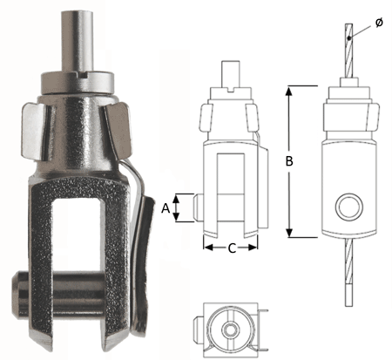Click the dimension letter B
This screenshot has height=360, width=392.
click(278, 161)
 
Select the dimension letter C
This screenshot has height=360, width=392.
click(231, 248)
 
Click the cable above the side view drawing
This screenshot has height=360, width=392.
click(348, 52)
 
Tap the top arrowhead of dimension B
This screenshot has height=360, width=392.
click(291, 89)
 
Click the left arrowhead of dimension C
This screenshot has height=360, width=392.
click(207, 248)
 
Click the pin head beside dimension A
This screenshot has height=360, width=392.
click(198, 207)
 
